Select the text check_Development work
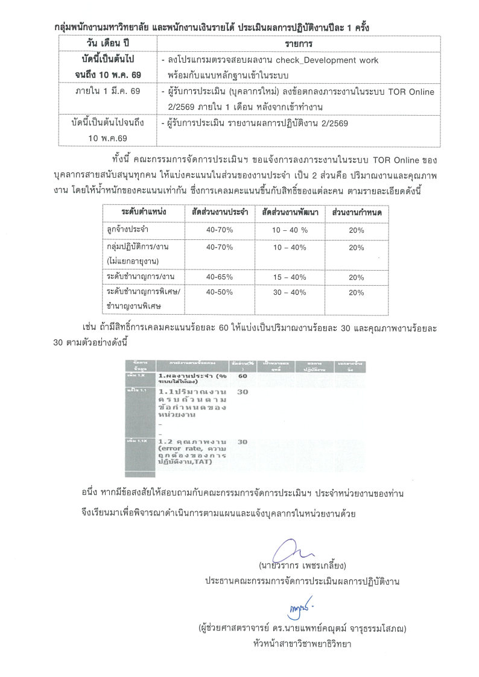tap(327, 61)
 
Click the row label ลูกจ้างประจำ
tap(128, 230)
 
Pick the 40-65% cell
tap(219, 277)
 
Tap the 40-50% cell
tap(219, 292)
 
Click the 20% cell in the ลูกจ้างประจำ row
tap(357, 230)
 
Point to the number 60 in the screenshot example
tap(243, 376)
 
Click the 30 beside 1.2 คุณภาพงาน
tap(243, 442)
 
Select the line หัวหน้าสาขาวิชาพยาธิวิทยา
tap(302, 644)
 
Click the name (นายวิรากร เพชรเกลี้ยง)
tap(302, 566)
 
